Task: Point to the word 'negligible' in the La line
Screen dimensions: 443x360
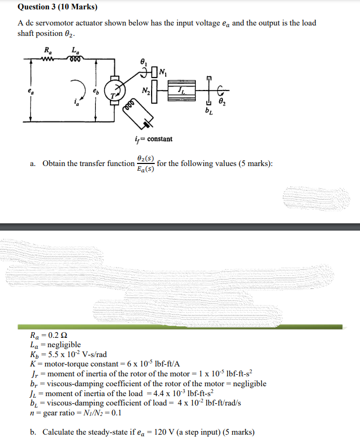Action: pyautogui.click(x=64, y=345)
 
